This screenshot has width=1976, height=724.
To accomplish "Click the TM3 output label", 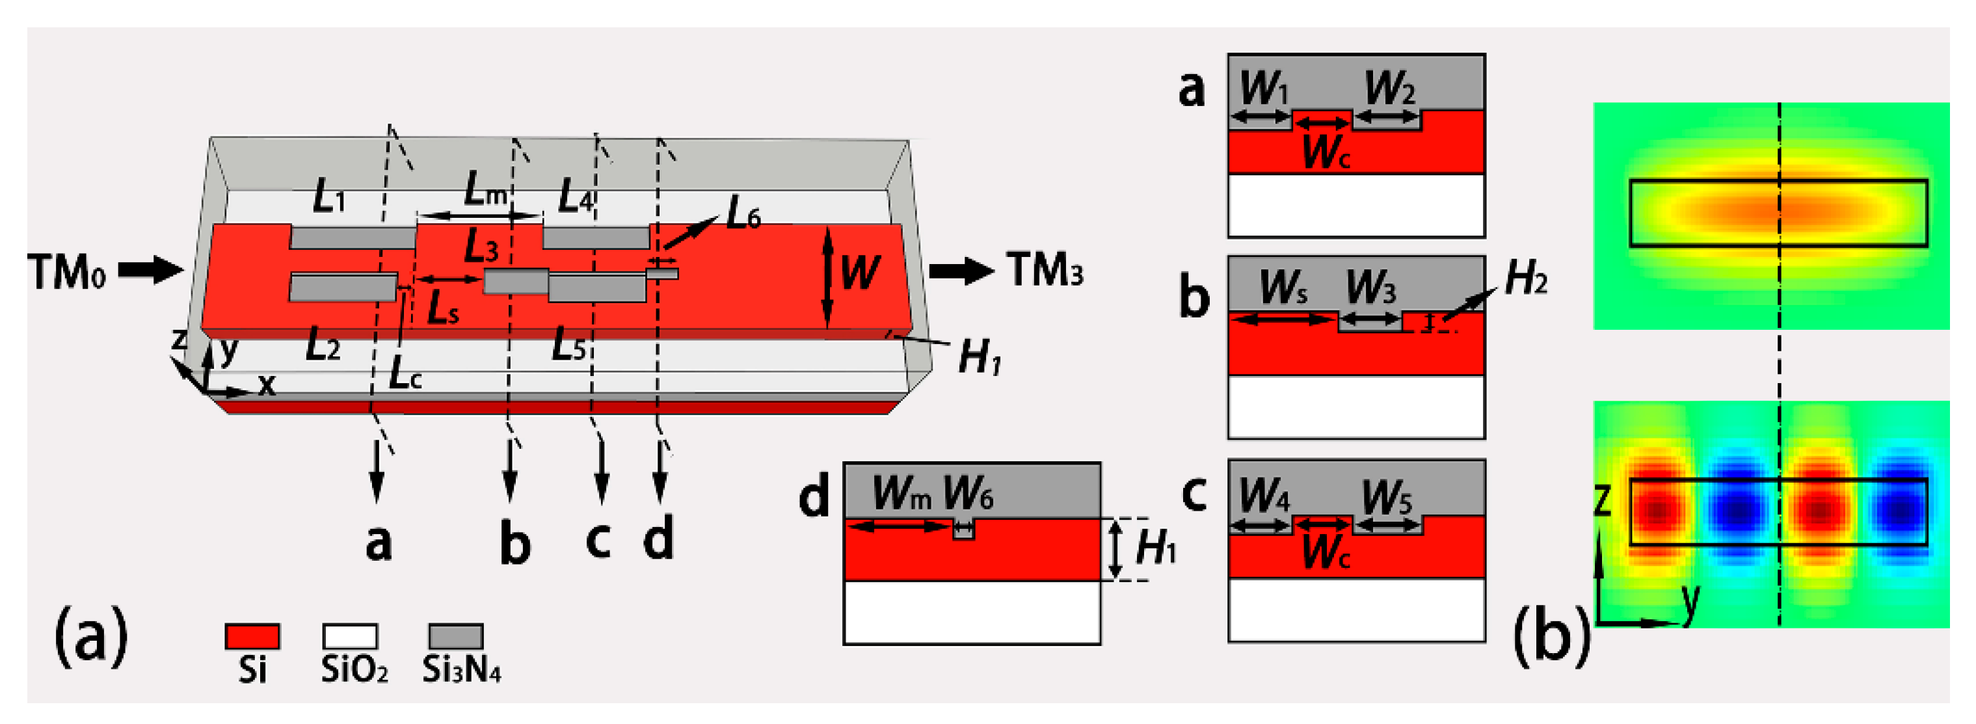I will pos(1045,270).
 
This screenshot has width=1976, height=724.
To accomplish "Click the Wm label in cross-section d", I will pos(901,492).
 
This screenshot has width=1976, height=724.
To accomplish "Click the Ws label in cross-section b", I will pos(1283,288).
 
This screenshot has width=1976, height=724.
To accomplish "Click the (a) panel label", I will pos(90,636).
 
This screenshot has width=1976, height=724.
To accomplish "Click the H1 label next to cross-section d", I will pos(1155,548).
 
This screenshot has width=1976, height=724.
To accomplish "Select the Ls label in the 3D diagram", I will pos(442,308).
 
